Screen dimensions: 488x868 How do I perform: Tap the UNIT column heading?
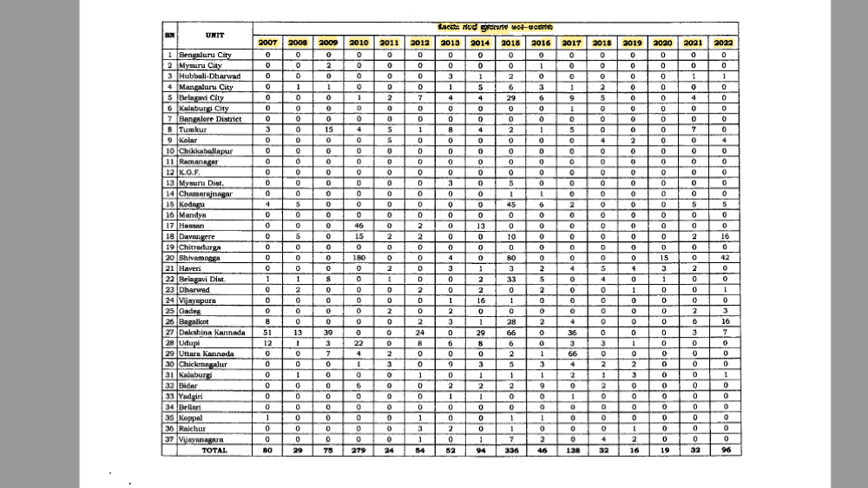(216, 35)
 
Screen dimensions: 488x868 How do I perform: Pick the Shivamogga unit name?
(200, 258)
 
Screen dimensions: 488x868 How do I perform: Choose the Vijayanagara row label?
(202, 440)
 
